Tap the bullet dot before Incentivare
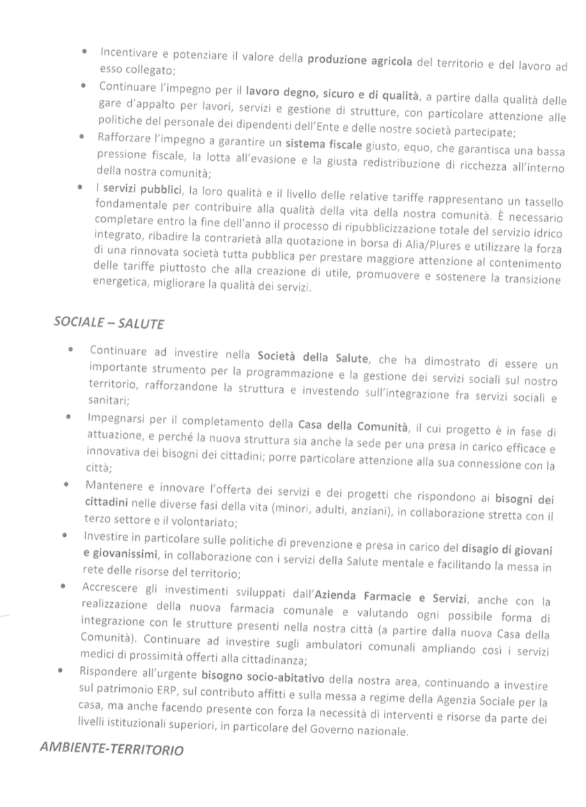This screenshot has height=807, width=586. point(84,52)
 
